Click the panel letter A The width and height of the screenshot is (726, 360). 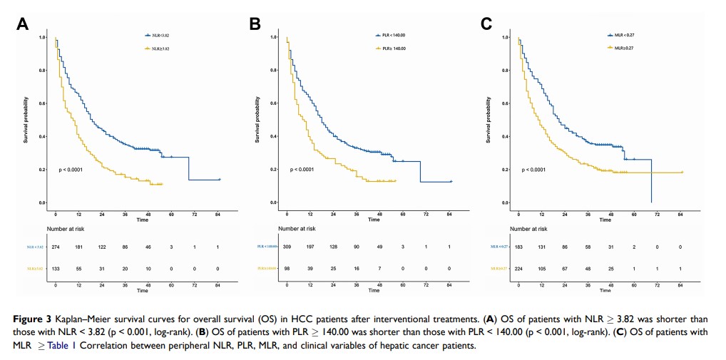24,24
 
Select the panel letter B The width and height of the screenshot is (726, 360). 255,24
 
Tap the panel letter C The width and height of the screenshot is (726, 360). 486,24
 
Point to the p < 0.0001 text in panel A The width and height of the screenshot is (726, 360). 73,170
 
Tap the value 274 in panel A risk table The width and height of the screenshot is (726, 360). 56,245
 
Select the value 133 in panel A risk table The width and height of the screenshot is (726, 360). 56,269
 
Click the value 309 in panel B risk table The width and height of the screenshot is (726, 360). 287,245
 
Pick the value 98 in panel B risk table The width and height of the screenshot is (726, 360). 287,269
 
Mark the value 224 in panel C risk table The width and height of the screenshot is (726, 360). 518,269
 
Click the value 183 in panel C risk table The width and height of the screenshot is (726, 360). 518,245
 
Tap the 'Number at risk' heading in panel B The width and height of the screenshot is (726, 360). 297,229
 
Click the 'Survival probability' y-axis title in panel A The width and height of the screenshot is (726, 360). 26,120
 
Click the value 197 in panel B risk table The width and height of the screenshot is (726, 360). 310,245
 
